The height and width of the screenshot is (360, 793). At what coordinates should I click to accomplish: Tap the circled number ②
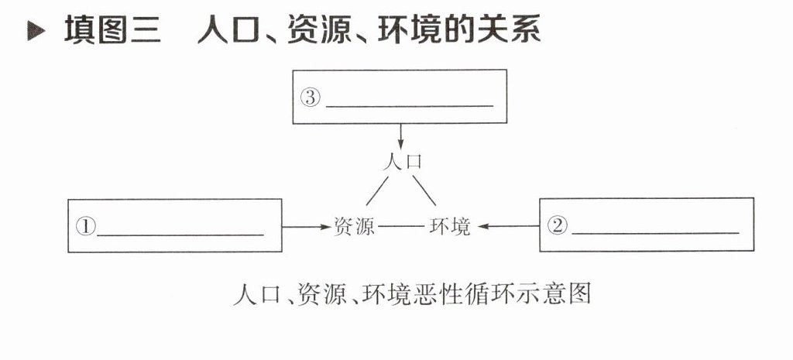click(x=558, y=225)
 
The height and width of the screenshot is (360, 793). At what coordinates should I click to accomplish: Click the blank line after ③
click(x=410, y=104)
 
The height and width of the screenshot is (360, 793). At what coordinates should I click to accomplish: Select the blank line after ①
click(x=180, y=233)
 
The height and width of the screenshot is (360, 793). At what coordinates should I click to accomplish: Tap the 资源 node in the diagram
click(x=354, y=227)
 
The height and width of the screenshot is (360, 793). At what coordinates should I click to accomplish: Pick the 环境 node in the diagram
click(x=449, y=227)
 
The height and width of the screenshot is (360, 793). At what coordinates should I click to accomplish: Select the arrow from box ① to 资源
click(x=306, y=227)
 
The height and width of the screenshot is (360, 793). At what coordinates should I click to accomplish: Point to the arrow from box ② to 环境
click(x=507, y=227)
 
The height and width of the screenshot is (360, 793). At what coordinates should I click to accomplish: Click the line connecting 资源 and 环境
click(x=402, y=227)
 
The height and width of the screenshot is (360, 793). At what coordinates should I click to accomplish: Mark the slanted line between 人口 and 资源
click(x=376, y=190)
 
